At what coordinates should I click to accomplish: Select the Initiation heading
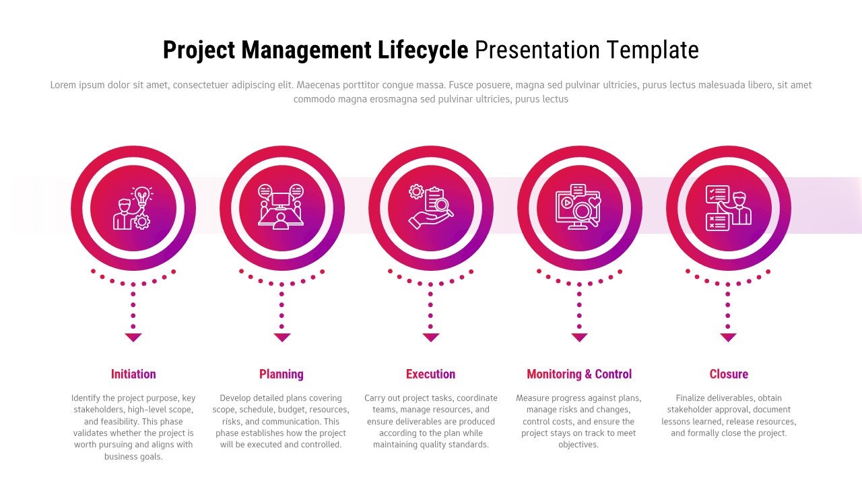(x=133, y=374)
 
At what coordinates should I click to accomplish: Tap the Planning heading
(x=281, y=374)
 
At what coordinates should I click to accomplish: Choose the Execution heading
(x=430, y=374)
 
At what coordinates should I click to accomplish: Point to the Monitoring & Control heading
(x=579, y=374)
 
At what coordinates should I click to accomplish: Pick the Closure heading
(x=728, y=374)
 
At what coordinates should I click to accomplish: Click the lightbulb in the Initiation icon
(x=141, y=196)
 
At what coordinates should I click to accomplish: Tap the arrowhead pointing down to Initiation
(x=133, y=337)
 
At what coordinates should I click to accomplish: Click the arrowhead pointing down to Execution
(x=430, y=337)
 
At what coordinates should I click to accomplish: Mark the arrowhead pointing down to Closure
(x=728, y=337)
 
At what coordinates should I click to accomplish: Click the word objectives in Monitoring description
(x=578, y=445)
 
